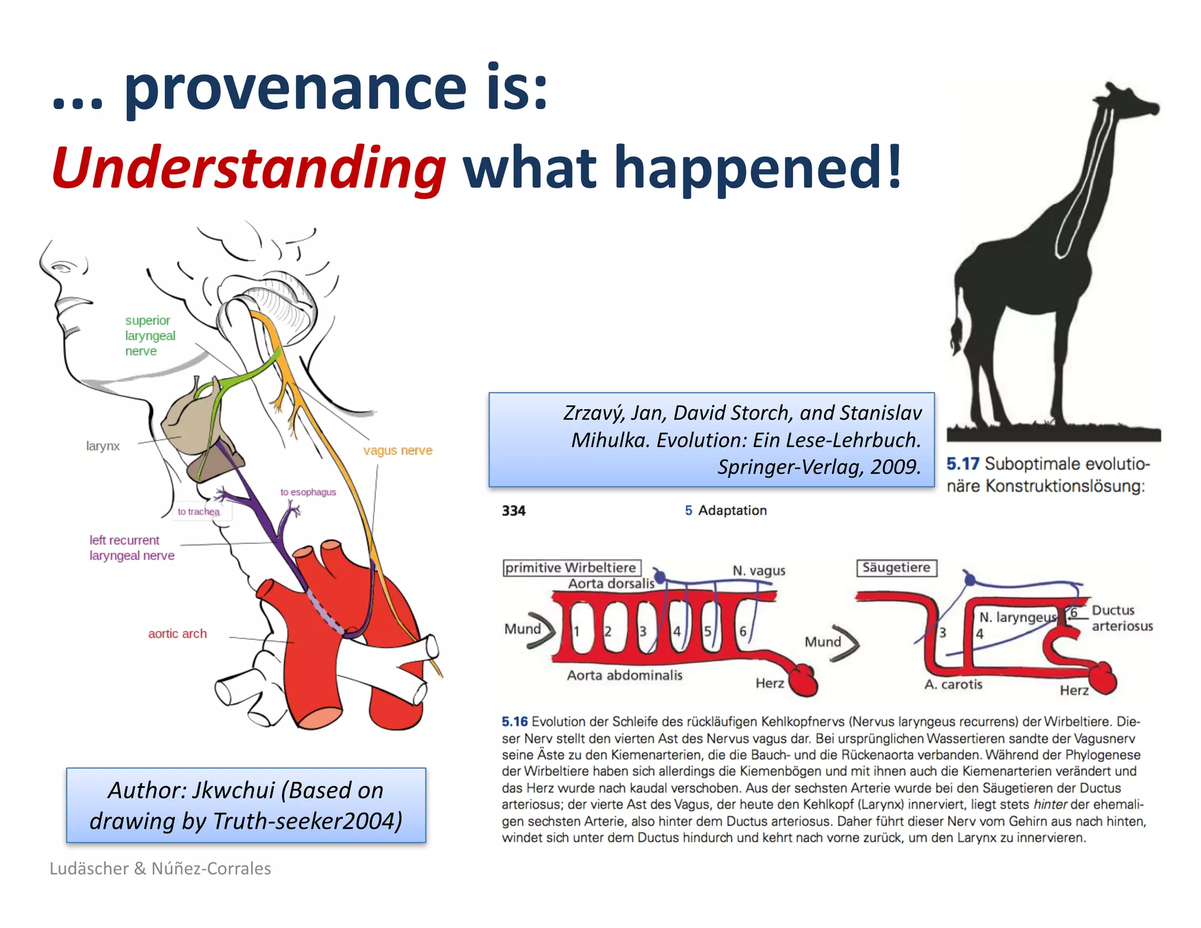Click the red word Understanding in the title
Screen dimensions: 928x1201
point(249,168)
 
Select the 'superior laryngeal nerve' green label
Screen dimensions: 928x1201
point(150,336)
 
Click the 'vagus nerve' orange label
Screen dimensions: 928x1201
point(398,451)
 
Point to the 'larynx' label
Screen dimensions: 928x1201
point(103,446)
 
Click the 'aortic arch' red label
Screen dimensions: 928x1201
point(177,634)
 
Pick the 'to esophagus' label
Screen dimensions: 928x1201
point(308,492)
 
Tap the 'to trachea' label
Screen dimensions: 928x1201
point(199,512)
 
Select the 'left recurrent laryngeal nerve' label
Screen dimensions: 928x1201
point(131,548)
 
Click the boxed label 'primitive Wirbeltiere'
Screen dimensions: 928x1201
point(571,568)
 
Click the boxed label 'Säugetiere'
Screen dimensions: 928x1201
point(896,568)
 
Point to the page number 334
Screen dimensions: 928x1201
point(514,511)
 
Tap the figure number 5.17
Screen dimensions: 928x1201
point(962,464)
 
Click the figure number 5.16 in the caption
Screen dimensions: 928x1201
point(514,722)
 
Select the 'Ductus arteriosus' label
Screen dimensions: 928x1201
point(1121,618)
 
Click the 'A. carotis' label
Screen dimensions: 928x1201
point(953,685)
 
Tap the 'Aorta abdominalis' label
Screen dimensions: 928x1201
point(624,675)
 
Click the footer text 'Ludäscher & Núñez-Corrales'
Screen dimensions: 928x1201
point(160,868)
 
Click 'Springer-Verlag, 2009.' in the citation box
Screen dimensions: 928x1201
point(819,467)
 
